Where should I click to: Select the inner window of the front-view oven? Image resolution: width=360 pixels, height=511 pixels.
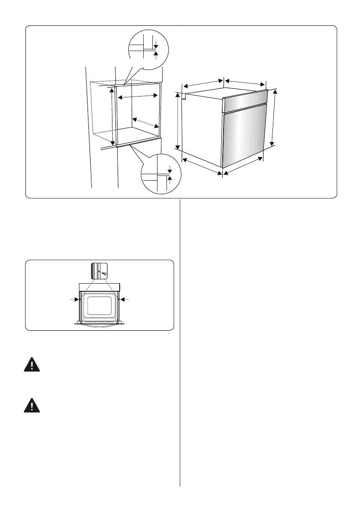pos(99,305)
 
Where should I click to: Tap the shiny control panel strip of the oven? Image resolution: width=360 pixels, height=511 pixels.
pos(246,101)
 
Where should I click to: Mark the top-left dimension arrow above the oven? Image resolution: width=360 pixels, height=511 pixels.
pos(202,84)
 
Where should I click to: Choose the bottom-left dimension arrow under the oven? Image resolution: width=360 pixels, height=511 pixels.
pos(202,166)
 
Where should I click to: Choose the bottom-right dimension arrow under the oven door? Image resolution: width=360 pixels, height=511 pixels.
pos(243,166)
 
